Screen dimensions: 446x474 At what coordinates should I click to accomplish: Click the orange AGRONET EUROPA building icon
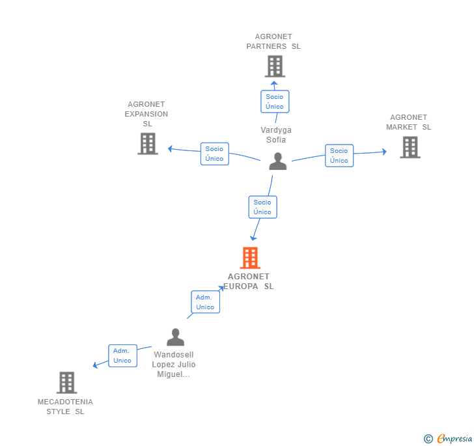[x=250, y=258]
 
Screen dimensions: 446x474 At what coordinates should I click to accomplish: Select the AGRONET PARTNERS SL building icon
[x=275, y=66]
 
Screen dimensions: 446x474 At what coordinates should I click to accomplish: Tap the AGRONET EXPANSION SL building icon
[x=148, y=143]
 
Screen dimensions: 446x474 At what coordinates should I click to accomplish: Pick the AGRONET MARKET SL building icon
[x=410, y=147]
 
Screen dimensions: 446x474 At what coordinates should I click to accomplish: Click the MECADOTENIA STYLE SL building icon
[x=66, y=382]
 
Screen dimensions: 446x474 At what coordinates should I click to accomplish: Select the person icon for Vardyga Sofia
[x=278, y=161]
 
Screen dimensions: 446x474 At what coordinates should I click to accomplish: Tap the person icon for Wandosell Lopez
[x=175, y=337]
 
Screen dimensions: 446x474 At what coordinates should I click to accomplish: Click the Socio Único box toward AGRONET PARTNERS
[x=275, y=102]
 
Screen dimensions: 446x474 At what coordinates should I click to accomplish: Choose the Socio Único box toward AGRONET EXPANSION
[x=214, y=154]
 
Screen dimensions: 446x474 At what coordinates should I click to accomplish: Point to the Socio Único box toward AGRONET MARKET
[x=339, y=156]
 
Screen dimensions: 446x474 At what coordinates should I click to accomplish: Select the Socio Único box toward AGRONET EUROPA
[x=262, y=207]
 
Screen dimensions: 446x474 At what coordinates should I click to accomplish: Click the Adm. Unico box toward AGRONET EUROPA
[x=205, y=302]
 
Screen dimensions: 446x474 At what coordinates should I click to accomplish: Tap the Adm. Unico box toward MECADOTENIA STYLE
[x=122, y=355]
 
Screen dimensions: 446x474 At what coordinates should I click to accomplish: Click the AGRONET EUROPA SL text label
[x=249, y=281]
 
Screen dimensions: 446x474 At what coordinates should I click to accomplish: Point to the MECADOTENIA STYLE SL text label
[x=65, y=406]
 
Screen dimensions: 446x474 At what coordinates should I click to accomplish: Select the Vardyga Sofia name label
[x=276, y=135]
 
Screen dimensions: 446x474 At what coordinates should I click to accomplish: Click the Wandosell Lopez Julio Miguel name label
[x=174, y=365]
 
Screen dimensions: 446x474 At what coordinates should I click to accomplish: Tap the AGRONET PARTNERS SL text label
[x=273, y=42]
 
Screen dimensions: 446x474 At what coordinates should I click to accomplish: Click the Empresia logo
[x=449, y=438]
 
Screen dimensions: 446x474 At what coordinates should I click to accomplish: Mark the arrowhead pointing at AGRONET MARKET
[x=384, y=152]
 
